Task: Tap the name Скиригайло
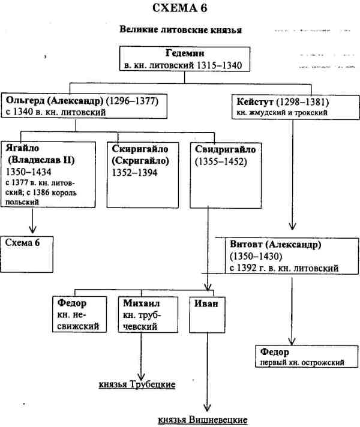(139, 149)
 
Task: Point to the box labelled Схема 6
(27, 243)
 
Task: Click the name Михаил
(137, 303)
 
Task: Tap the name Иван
(205, 303)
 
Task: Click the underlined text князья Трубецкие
(137, 384)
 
